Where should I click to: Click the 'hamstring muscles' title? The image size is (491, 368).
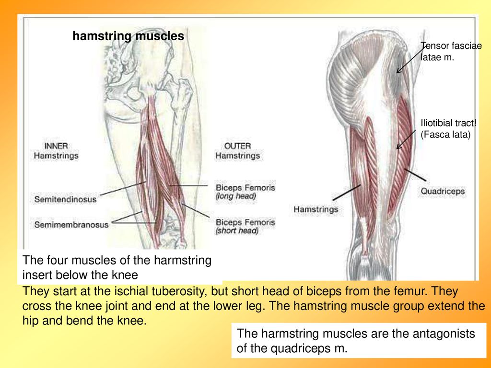[129, 36]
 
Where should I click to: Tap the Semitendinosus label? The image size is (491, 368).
[65, 199]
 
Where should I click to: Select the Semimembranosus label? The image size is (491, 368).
[71, 225]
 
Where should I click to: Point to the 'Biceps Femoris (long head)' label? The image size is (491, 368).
[245, 192]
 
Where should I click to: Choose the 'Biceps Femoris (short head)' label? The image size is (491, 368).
[245, 226]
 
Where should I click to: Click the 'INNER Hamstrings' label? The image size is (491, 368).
[56, 151]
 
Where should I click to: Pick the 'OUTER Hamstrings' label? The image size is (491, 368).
[237, 151]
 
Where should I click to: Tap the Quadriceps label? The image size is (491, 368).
[443, 191]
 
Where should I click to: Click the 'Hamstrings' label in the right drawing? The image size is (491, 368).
[316, 209]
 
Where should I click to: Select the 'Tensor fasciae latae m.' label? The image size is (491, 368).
[451, 51]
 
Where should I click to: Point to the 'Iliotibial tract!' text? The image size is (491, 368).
[448, 123]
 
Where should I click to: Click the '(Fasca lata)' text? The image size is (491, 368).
[445, 135]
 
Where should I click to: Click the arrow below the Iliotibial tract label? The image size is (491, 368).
[406, 139]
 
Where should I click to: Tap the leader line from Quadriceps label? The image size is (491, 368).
[415, 175]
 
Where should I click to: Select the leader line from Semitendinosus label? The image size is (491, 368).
[123, 188]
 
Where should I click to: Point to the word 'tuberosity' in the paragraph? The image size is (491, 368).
[177, 291]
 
